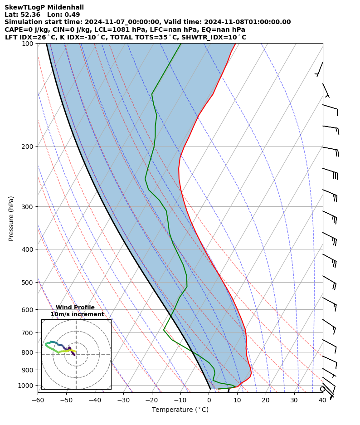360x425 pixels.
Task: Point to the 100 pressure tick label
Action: [x=29, y=44]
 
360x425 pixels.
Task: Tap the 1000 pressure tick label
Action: [x=28, y=386]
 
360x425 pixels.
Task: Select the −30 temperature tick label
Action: [x=123, y=400]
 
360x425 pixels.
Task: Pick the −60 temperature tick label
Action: [x=38, y=400]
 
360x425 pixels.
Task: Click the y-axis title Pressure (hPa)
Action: [x=11, y=218]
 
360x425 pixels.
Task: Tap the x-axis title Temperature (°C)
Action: [x=180, y=410]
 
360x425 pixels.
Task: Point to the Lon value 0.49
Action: [x=73, y=15]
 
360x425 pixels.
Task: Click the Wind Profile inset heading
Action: [x=75, y=308]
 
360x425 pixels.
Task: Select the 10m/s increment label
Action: [x=77, y=314]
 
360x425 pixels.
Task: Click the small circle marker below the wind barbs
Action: [x=322, y=389]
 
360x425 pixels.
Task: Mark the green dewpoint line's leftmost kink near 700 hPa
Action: [x=164, y=330]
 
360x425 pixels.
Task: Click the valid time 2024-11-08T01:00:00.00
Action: [x=244, y=22]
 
